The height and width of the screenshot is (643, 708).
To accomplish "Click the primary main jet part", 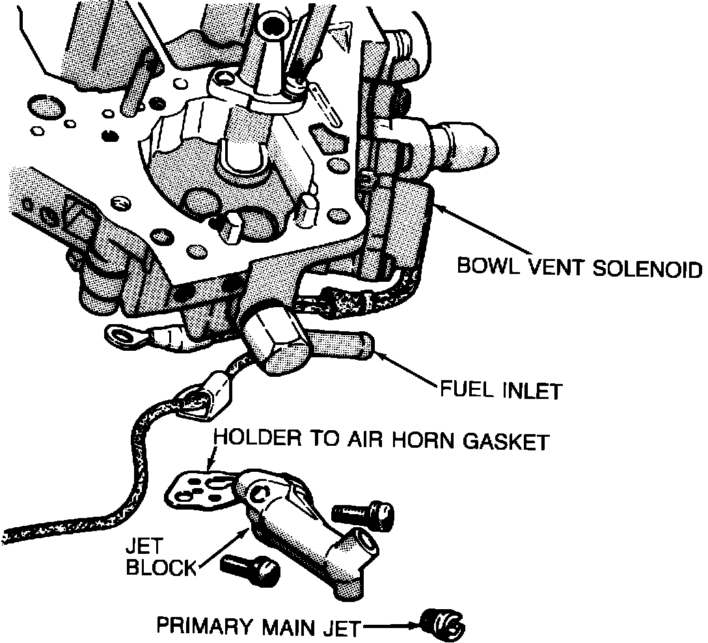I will (442, 624).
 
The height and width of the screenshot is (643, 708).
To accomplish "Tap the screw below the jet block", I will (251, 568).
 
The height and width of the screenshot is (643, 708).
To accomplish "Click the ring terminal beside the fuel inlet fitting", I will (126, 336).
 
